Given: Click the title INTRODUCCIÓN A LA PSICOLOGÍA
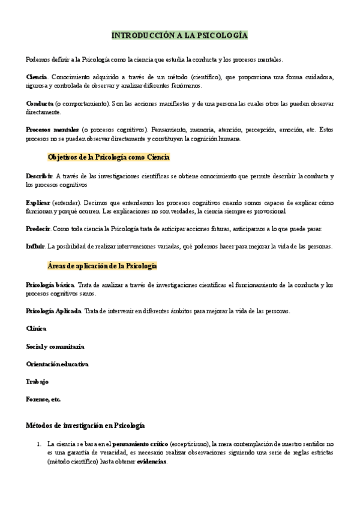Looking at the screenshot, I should click(179, 36).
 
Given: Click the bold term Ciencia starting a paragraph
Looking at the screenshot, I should click(37, 77).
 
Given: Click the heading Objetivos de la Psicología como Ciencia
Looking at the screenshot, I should click(109, 157).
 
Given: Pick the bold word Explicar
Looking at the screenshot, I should click(38, 203).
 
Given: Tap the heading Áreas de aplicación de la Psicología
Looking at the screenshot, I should click(102, 265).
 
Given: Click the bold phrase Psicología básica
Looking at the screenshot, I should click(50, 285).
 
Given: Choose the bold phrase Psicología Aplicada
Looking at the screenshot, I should click(54, 311).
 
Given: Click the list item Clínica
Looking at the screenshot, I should click(36, 328).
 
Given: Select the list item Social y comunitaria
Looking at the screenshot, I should click(55, 346).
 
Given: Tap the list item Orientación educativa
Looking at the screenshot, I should click(58, 364).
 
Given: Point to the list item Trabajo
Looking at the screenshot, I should click(37, 382).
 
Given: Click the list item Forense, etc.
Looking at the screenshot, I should click(43, 399).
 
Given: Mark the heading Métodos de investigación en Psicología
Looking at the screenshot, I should click(85, 426).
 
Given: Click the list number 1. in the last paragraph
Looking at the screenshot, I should click(39, 444).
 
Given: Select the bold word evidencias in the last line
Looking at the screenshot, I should click(152, 462).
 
